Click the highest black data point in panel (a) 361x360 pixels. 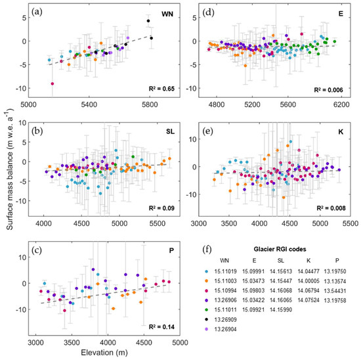click(148, 21)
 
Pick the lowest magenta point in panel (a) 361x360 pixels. click(53, 83)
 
